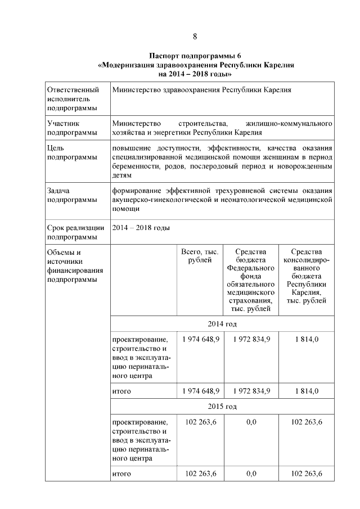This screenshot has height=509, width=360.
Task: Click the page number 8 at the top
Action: pos(195,37)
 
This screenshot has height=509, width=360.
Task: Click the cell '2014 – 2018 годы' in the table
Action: pos(141,228)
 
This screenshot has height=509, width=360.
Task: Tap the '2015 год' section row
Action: pos(222,406)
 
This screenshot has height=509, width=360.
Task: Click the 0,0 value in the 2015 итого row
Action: pos(251,474)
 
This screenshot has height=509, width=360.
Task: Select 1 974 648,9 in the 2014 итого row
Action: pos(197,390)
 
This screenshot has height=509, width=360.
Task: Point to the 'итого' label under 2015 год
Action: pos(121,474)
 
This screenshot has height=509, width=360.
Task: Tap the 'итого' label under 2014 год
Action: pos(121,390)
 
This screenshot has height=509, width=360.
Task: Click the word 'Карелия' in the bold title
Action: pos(277,65)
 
